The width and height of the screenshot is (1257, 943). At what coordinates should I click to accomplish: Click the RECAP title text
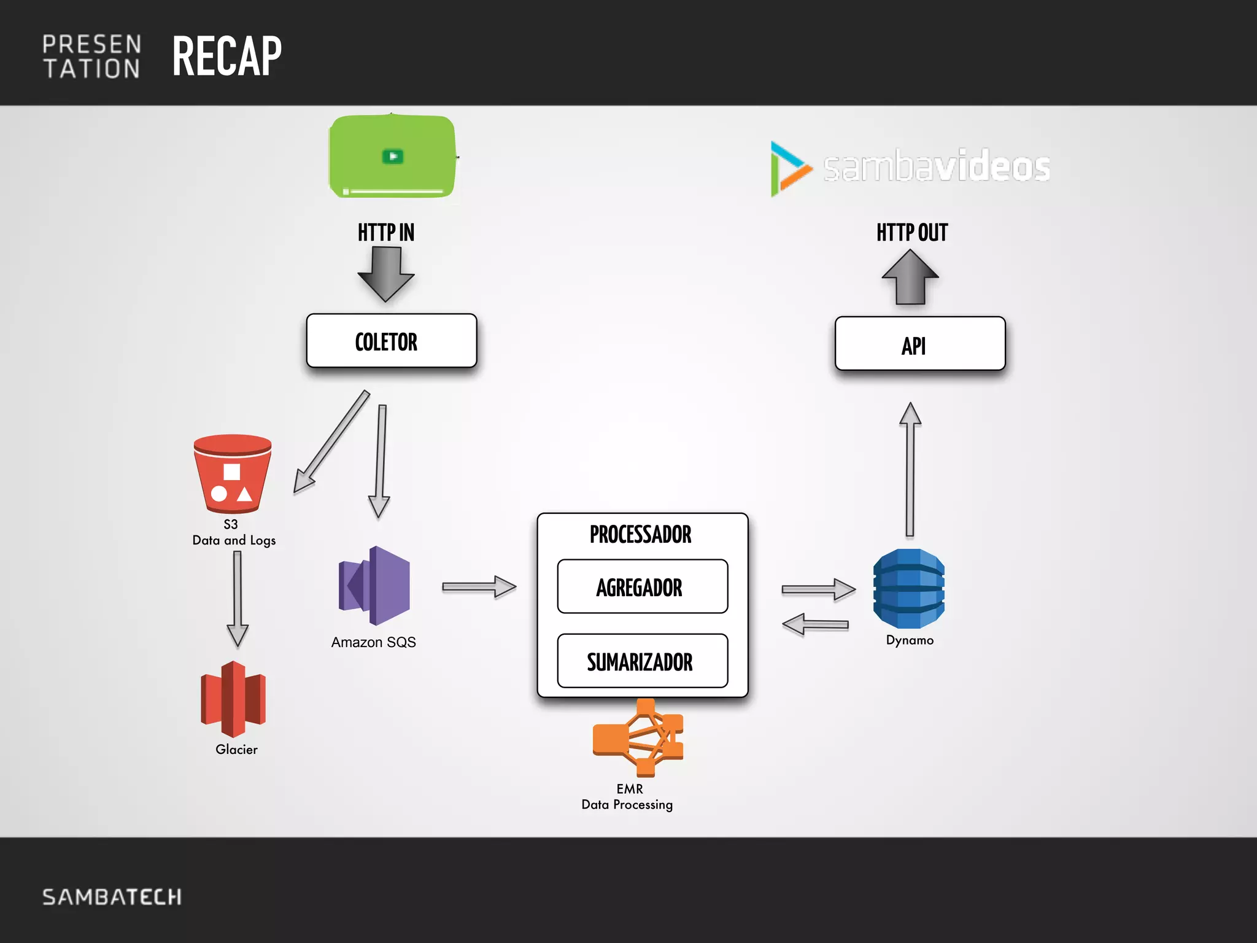[x=226, y=56]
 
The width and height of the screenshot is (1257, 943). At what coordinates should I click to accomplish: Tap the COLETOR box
[x=392, y=341]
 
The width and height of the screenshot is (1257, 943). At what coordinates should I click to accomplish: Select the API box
[x=919, y=344]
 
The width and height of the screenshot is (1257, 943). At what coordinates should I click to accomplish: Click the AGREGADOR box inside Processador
[x=642, y=587]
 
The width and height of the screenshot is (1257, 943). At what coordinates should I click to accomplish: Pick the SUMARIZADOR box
[x=642, y=661]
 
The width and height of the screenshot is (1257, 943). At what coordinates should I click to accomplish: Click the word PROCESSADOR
[x=640, y=534]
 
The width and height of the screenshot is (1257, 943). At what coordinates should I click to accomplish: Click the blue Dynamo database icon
[x=908, y=589]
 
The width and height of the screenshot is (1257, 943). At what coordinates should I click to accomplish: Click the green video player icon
[x=393, y=157]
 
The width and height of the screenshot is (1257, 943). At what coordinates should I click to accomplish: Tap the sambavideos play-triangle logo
[x=789, y=168]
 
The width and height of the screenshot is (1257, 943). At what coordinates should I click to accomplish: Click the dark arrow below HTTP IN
[x=386, y=273]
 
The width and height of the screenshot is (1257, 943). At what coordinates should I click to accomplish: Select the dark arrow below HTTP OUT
[x=910, y=277]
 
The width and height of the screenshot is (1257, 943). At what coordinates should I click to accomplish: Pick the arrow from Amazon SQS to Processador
[x=479, y=587]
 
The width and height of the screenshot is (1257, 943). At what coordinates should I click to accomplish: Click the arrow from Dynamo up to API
[x=910, y=470]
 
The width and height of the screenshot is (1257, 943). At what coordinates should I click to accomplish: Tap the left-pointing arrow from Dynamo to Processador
[x=815, y=625]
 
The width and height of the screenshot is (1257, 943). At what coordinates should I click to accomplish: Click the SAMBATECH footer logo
[x=112, y=897]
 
